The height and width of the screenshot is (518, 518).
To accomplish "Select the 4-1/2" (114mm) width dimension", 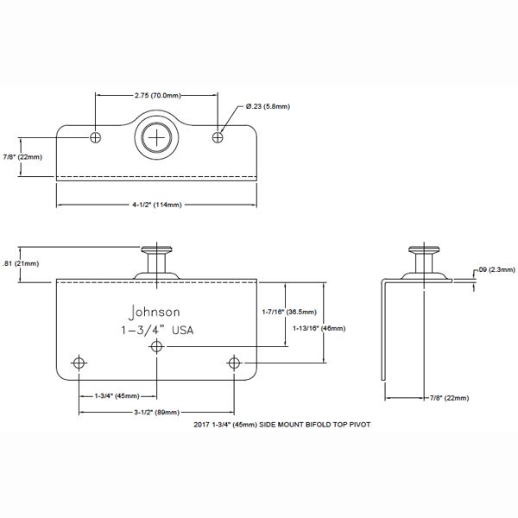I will [x=158, y=205].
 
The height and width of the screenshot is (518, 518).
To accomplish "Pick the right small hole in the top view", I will [x=219, y=136].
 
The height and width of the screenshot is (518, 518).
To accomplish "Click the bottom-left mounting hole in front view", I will [x=80, y=362].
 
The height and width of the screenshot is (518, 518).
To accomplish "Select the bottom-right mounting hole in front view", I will [x=235, y=362].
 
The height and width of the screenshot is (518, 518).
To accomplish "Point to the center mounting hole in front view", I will [x=157, y=346].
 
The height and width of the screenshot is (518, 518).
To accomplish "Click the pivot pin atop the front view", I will [x=158, y=259].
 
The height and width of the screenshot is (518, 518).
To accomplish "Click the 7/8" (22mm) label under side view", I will [x=449, y=397].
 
